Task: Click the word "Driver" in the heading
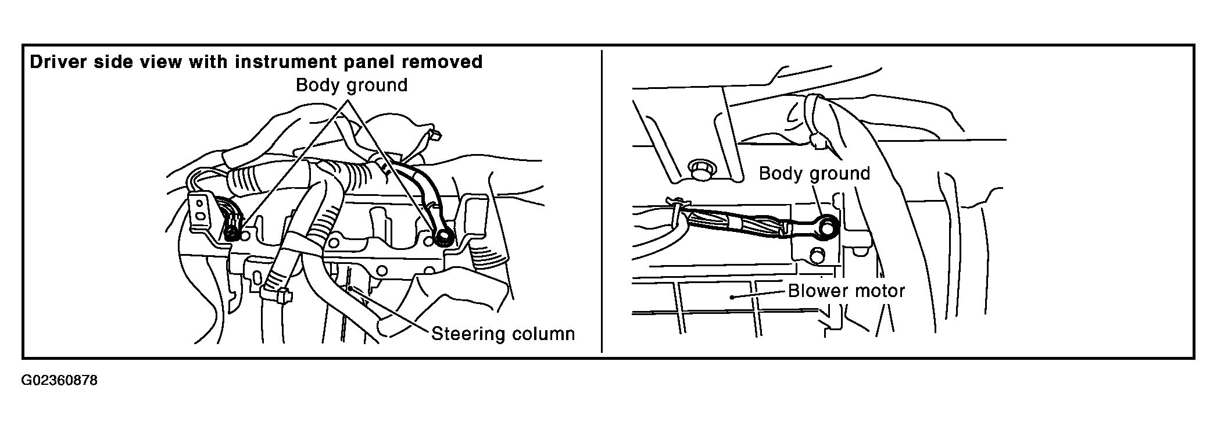(57, 62)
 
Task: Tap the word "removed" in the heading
(447, 62)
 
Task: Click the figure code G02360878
(60, 381)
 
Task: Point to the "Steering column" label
(503, 334)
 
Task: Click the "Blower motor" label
(846, 290)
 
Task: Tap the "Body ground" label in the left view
(352, 85)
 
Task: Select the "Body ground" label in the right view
(814, 173)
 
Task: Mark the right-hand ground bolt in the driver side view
(445, 236)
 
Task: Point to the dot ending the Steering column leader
(350, 287)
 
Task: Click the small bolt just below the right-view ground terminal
(817, 255)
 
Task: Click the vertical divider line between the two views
(602, 201)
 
